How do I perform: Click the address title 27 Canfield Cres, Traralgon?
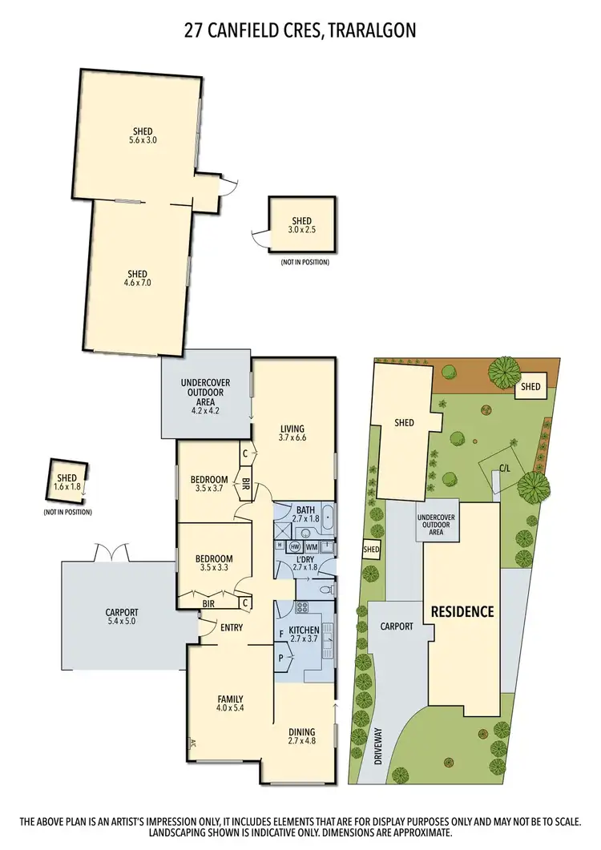(x=300, y=30)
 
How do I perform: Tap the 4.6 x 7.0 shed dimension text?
(x=137, y=282)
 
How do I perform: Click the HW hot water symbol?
(x=295, y=546)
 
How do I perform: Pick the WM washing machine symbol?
(x=311, y=546)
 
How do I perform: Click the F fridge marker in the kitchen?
(x=281, y=633)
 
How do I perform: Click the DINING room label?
(x=302, y=731)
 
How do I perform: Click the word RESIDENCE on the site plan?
(x=462, y=611)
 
